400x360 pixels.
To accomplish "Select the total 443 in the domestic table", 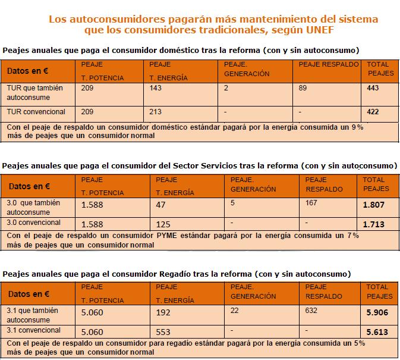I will coord(374,88).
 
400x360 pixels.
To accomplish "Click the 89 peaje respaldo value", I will coord(303,87).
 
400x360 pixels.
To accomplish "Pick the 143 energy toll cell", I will coord(155,87).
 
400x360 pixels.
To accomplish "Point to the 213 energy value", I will coord(155,111).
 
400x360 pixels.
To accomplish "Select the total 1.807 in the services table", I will coord(374,205).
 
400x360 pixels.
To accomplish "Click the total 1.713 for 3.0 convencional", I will coord(374,224).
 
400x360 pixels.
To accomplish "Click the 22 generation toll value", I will coord(234,311).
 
